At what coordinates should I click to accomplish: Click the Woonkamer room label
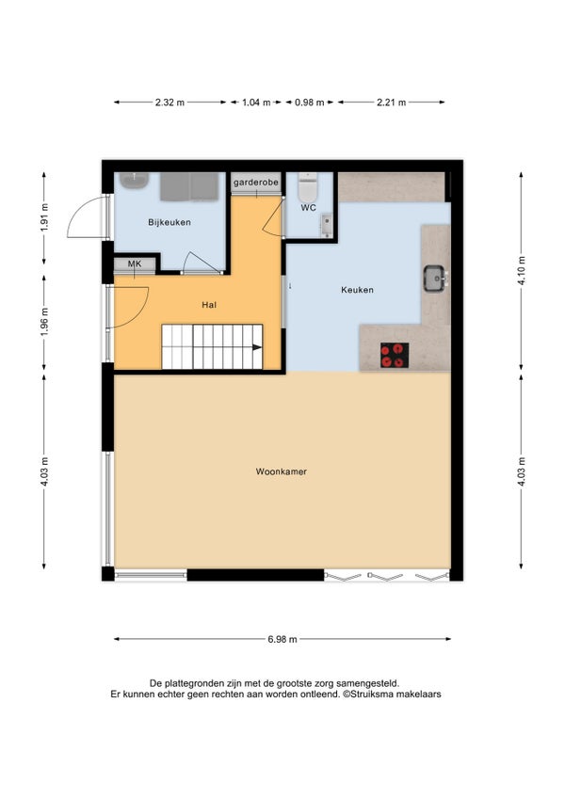click(282, 471)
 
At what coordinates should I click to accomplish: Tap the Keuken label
click(357, 290)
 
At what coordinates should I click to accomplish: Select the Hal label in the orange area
click(209, 305)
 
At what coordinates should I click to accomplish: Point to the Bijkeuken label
click(169, 222)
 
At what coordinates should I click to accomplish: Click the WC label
click(308, 208)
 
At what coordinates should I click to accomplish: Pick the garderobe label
click(256, 182)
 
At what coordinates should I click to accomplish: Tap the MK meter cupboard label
click(135, 263)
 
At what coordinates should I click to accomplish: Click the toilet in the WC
click(307, 187)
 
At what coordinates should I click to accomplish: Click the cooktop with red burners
click(395, 355)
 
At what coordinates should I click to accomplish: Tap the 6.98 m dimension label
click(282, 639)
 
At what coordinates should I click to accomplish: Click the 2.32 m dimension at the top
click(169, 103)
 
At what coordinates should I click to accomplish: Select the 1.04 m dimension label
click(256, 103)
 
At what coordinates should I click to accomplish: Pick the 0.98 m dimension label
click(309, 103)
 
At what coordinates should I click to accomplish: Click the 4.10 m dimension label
click(521, 271)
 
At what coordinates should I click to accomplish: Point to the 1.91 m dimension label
click(44, 217)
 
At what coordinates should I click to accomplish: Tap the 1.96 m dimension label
click(44, 322)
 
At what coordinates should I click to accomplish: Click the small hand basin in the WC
click(326, 226)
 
